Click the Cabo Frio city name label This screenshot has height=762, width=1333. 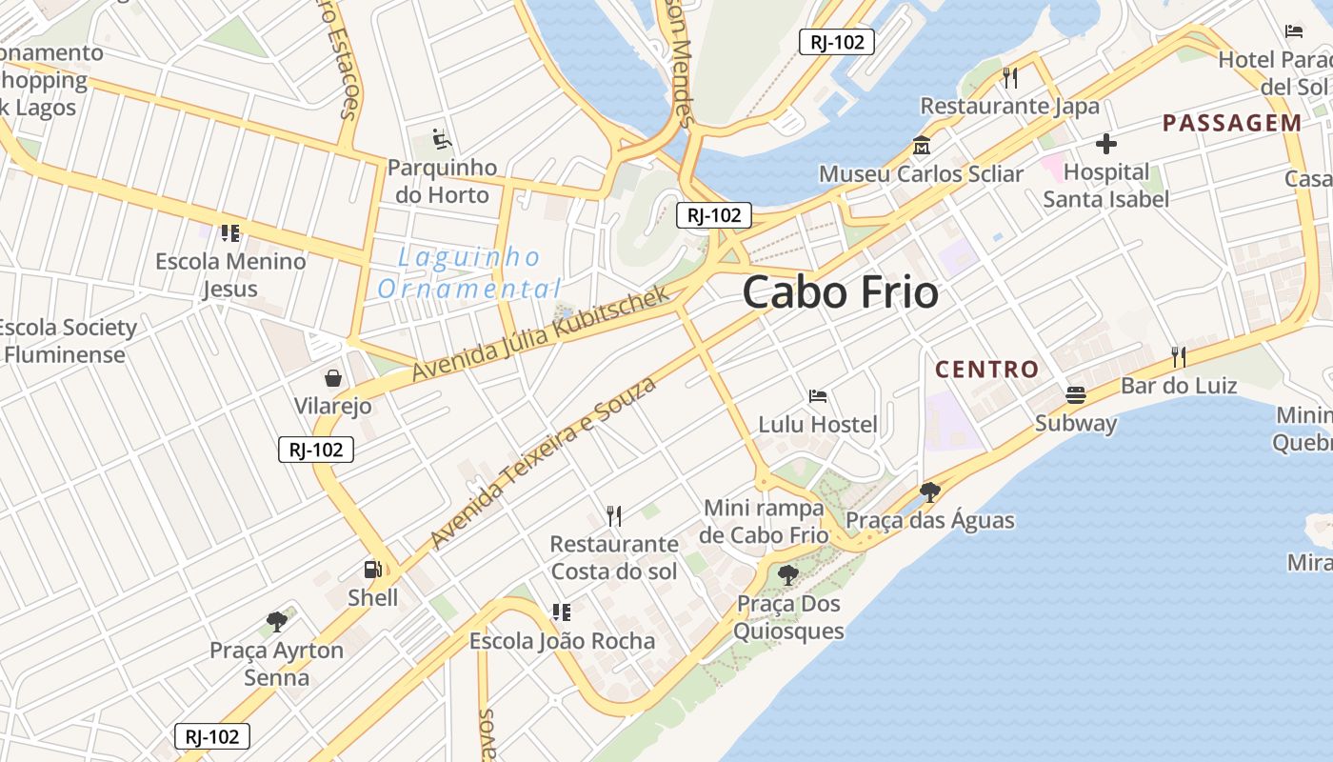pyautogui.click(x=840, y=291)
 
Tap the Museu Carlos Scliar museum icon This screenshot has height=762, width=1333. pyautogui.click(x=922, y=147)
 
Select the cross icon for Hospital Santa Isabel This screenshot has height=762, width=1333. pyautogui.click(x=1105, y=144)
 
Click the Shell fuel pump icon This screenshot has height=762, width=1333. pyautogui.click(x=372, y=570)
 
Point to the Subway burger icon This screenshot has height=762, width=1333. pyautogui.click(x=1076, y=394)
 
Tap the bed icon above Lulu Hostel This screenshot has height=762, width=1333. pyautogui.click(x=817, y=395)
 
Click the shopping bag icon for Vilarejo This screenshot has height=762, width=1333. pyautogui.click(x=332, y=379)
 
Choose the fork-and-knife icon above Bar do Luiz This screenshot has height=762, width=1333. pyautogui.click(x=1179, y=357)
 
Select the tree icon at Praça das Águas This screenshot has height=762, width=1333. pyautogui.click(x=930, y=491)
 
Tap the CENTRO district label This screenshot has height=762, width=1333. pyautogui.click(x=986, y=370)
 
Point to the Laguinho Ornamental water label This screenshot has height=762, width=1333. pyautogui.click(x=469, y=272)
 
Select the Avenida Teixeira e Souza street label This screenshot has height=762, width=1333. pyautogui.click(x=544, y=462)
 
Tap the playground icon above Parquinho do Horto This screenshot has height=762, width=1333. pyautogui.click(x=441, y=139)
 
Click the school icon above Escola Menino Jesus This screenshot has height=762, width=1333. pyautogui.click(x=229, y=232)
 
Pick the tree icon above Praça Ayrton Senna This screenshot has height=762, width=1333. pyautogui.click(x=277, y=622)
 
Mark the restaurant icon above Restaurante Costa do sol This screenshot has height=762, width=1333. pyautogui.click(x=614, y=516)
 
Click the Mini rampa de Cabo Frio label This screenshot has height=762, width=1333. pyautogui.click(x=765, y=521)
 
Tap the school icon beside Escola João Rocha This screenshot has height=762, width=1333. pyautogui.click(x=562, y=612)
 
